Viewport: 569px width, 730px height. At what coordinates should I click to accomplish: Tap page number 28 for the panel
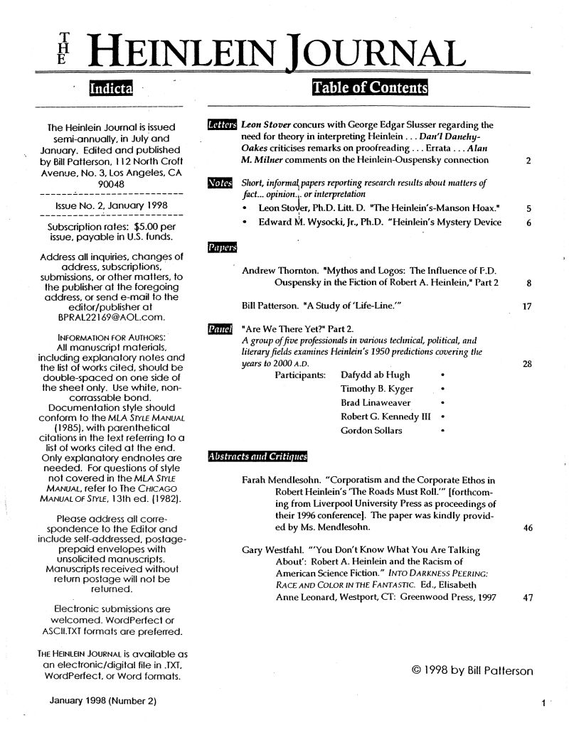[x=527, y=364]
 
